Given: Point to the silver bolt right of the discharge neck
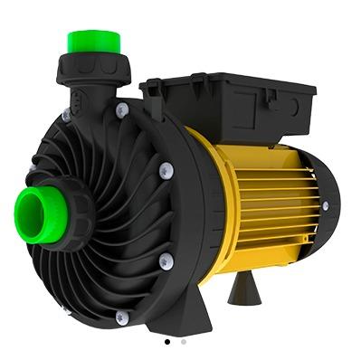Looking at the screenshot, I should [x=121, y=109].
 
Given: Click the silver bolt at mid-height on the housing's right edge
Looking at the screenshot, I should [x=165, y=170].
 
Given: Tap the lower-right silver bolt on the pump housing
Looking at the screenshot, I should [x=165, y=261].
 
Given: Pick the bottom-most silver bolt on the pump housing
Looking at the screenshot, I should [x=121, y=317].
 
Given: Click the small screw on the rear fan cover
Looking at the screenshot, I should [x=325, y=206].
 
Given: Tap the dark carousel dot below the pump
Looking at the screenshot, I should [x=166, y=343].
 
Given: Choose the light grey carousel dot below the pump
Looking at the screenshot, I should [x=183, y=343].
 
